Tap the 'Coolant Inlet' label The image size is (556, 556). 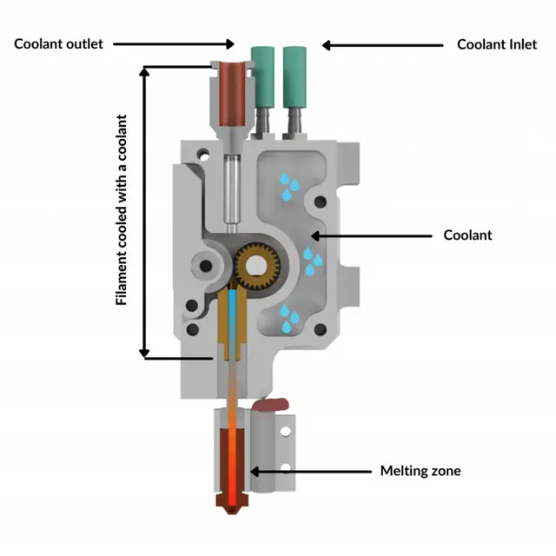(497, 43)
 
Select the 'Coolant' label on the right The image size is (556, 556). (467, 235)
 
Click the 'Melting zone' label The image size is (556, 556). (420, 471)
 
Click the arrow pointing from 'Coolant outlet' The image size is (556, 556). (174, 43)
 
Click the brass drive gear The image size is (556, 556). (257, 265)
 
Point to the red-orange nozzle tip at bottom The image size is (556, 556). (229, 505)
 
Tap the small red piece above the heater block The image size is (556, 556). (271, 403)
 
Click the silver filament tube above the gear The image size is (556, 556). (231, 187)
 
